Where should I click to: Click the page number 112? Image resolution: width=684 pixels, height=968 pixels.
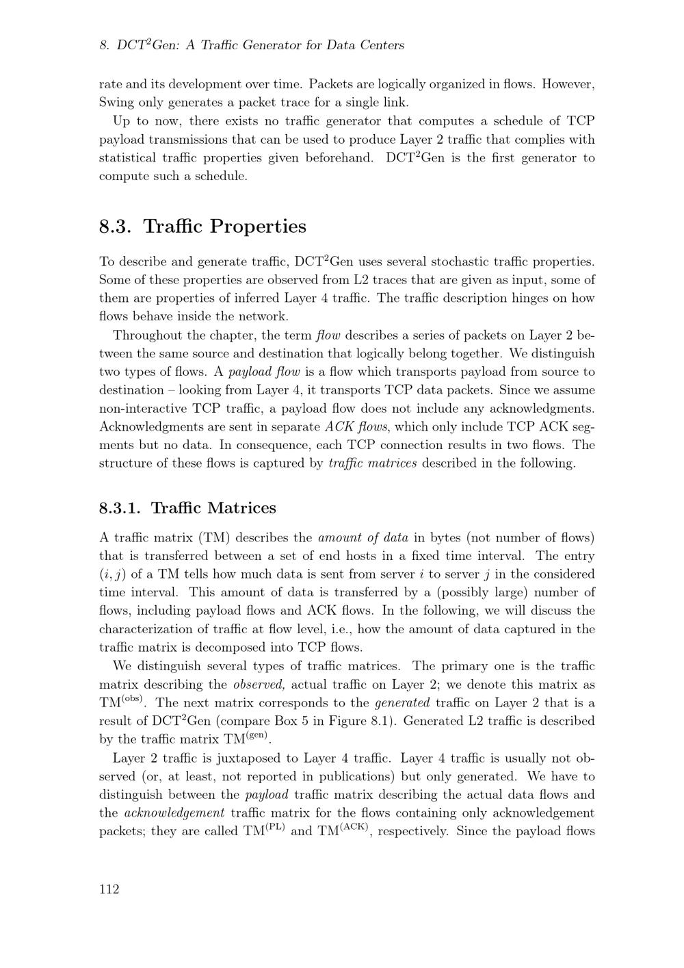109,889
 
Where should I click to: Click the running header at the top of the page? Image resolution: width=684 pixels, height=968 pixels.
252,45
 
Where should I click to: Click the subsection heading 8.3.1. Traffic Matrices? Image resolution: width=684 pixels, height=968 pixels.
187,508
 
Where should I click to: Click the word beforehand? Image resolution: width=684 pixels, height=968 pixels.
339,158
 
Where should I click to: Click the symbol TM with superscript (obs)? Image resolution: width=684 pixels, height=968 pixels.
120,702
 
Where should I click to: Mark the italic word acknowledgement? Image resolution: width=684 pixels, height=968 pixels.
174,813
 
